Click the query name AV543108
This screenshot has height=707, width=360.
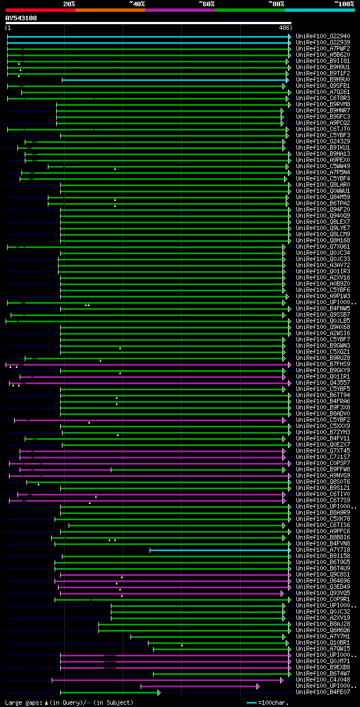tap(21, 18)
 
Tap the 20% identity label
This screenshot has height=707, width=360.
tap(69, 4)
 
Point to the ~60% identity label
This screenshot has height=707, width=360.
tap(206, 4)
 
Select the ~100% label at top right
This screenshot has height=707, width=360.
tap(344, 4)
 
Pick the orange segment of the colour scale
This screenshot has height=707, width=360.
tap(110, 10)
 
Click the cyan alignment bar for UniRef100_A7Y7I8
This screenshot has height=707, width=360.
tap(219, 550)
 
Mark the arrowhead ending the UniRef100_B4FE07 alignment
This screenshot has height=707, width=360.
tap(159, 692)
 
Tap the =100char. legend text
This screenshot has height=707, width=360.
tap(273, 703)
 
